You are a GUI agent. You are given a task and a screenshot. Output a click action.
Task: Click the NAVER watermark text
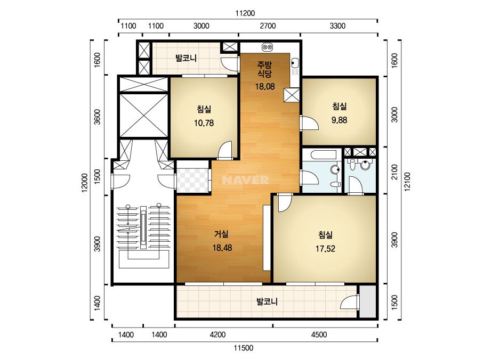tap(245, 180)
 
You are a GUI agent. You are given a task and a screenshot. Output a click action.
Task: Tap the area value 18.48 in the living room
tap(222, 248)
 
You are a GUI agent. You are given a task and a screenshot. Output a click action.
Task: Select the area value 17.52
tap(325, 249)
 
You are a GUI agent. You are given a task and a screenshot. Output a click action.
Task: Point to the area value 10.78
tap(204, 123)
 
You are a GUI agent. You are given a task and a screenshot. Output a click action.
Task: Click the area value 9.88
tap(339, 120)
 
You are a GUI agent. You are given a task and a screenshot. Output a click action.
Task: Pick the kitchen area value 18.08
tap(265, 87)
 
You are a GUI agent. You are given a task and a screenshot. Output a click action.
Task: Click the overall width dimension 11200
tap(245, 13)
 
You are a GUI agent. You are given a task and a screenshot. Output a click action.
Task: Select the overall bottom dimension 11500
tap(244, 348)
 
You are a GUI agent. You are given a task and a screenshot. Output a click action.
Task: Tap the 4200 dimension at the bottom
tap(217, 334)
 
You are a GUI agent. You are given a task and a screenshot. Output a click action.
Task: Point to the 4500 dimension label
tap(319, 334)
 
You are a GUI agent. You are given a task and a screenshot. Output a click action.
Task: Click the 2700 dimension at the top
tap(268, 26)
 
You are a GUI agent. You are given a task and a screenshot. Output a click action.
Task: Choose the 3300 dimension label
tap(337, 26)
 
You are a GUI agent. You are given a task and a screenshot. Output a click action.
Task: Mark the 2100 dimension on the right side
tap(394, 172)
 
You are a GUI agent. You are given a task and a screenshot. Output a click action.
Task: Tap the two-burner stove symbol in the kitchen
tap(267, 47)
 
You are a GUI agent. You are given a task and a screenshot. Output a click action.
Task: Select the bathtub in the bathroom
tap(321, 155)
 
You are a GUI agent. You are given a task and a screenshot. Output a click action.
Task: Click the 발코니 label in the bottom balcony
tap(267, 301)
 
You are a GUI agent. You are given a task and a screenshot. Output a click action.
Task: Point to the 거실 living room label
tap(221, 234)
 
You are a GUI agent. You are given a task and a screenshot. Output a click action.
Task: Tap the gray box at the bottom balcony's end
tap(367, 301)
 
